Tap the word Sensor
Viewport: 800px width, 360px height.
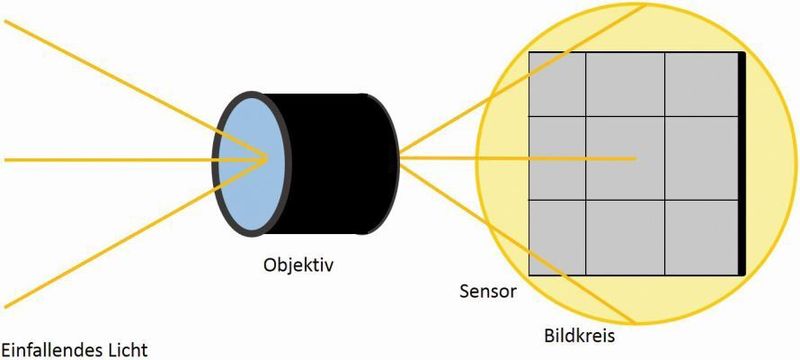coord(487,293)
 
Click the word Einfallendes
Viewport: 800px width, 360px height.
coord(51,349)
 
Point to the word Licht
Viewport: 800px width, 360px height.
coord(126,349)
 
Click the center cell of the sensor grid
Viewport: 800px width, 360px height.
coord(625,159)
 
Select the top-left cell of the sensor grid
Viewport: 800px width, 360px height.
coord(556,84)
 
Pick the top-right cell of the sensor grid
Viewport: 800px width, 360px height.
coord(700,84)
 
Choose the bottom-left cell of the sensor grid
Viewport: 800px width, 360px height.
coord(556,236)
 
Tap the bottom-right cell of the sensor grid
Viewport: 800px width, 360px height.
coord(700,236)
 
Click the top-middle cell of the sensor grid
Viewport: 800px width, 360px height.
coord(625,84)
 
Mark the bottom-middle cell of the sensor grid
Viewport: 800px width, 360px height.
coord(625,236)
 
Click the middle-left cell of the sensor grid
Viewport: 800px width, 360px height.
coord(556,159)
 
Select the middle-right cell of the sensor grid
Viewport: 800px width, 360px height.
coord(700,159)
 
